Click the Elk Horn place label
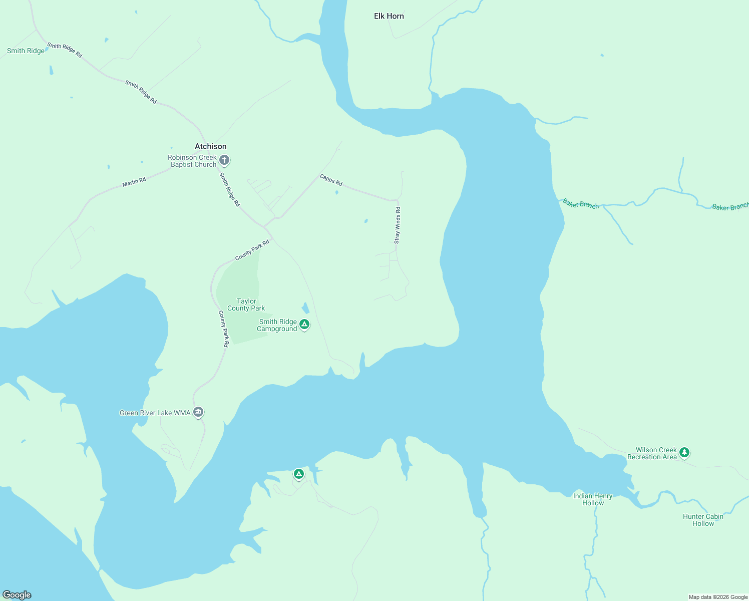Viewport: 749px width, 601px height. pyautogui.click(x=389, y=16)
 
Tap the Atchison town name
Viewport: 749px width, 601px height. pyautogui.click(x=210, y=146)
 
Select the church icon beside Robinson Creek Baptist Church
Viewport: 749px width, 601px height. pyautogui.click(x=224, y=160)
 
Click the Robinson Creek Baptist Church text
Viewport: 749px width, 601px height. pyautogui.click(x=193, y=161)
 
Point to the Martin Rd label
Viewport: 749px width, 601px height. pyautogui.click(x=134, y=182)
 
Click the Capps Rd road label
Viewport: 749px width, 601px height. pyautogui.click(x=331, y=180)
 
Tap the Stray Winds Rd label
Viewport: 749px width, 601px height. pyautogui.click(x=397, y=225)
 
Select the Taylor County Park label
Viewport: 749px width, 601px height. pyautogui.click(x=246, y=305)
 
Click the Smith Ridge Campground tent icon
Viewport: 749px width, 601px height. pyautogui.click(x=304, y=325)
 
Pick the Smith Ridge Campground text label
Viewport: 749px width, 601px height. pyautogui.click(x=277, y=326)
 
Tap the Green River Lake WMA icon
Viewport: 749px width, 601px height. pyautogui.click(x=198, y=412)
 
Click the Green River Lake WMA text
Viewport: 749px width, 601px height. pyautogui.click(x=155, y=413)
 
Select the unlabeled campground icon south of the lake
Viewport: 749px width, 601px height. pyautogui.click(x=298, y=473)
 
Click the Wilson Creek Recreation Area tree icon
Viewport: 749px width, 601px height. pyautogui.click(x=684, y=452)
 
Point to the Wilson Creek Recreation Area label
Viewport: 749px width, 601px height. pyautogui.click(x=652, y=453)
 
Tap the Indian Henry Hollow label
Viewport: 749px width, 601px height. pyautogui.click(x=593, y=499)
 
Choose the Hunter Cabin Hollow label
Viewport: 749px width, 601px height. pyautogui.click(x=703, y=520)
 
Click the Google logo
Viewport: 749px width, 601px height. pyautogui.click(x=17, y=594)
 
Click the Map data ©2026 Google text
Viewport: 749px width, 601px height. pyautogui.click(x=718, y=597)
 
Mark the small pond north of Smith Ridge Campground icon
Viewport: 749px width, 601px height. pyautogui.click(x=305, y=308)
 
